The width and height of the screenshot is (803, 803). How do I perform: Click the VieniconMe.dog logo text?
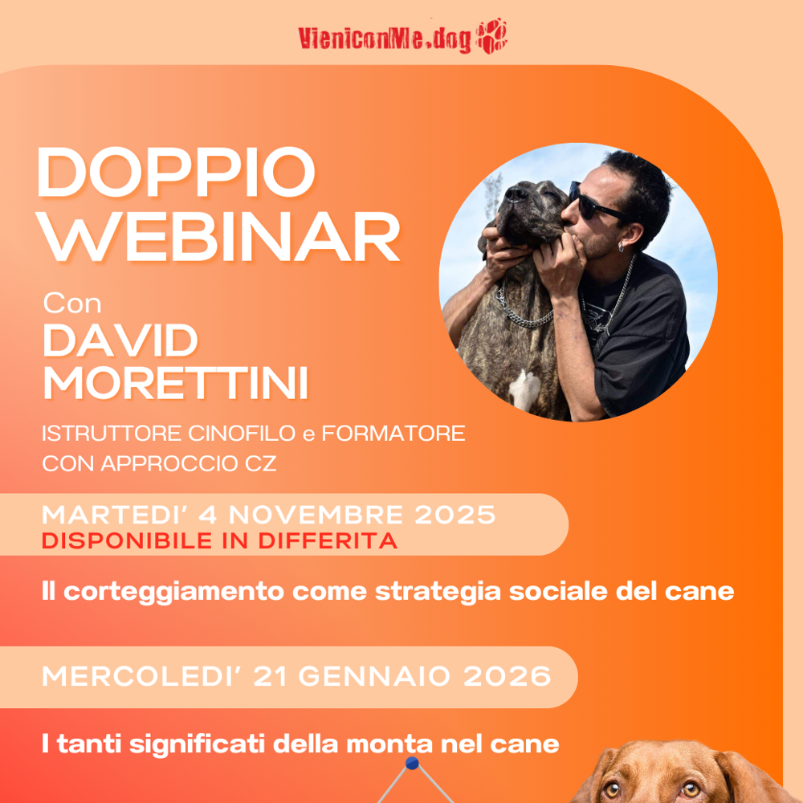pos(385,39)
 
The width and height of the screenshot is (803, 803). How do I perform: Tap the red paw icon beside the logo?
pos(491,37)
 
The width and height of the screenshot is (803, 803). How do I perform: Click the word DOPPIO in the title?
pos(176,174)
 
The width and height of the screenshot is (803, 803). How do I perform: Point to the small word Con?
pos(72,304)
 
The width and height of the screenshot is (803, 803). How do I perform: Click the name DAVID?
pos(120,341)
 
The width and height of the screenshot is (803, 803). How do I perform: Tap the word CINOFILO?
pos(241,434)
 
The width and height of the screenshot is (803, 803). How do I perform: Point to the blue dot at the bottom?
pos(413,762)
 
